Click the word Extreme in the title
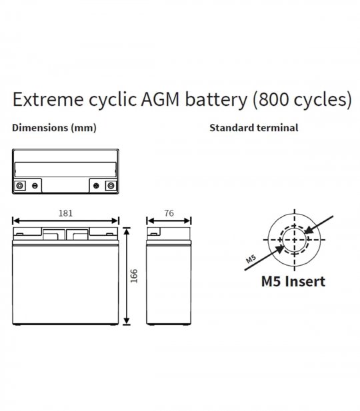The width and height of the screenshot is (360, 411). point(48,100)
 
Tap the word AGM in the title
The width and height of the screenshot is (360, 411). point(160,100)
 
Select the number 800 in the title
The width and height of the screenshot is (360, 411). point(273,100)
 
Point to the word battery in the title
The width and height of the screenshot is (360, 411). point(216,100)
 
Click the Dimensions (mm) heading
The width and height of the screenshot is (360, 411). point(54,128)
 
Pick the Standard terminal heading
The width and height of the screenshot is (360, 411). point(254,128)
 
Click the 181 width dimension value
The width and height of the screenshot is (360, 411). point(65,213)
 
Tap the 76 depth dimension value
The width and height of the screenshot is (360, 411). point(169,213)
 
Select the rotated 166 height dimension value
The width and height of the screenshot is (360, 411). point(134,276)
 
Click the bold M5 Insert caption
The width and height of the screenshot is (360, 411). point(293,281)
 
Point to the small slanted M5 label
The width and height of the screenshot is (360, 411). point(251,258)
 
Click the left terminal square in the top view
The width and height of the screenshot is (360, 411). point(19,186)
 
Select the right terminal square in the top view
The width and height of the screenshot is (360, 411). point(111,186)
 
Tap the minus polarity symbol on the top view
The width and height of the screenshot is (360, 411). point(35,186)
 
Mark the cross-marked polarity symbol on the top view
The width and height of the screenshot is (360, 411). point(96,186)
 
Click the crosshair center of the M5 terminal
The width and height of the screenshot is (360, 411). point(295,240)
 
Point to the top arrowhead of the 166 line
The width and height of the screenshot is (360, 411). point(127,231)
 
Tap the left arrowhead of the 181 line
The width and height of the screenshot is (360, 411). point(16,220)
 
